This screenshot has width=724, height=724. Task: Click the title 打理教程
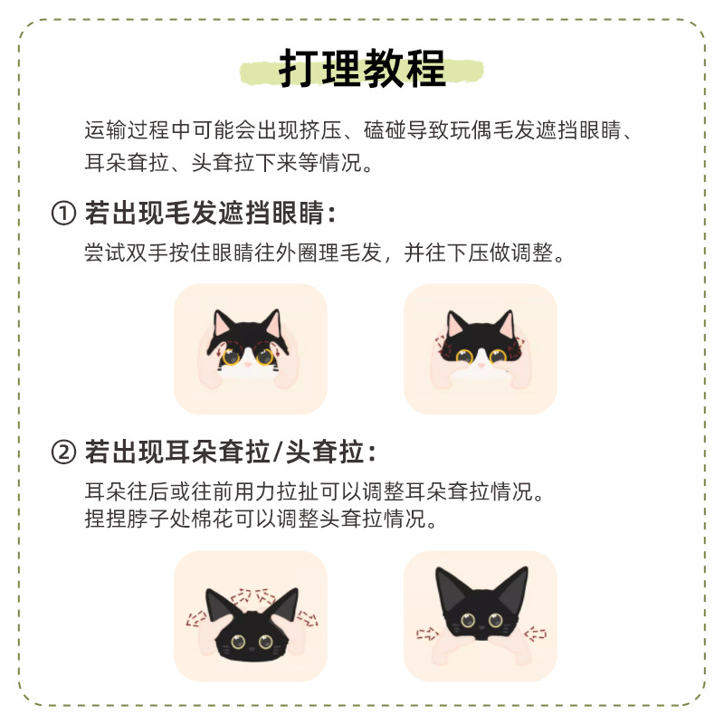coord(362,69)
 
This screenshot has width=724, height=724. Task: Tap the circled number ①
coord(62,214)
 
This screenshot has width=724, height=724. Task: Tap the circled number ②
coord(62,451)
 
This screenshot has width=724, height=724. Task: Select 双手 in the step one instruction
coord(145,253)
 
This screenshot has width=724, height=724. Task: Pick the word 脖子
coord(145,520)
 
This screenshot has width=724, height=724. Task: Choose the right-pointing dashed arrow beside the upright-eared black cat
coord(424,633)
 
